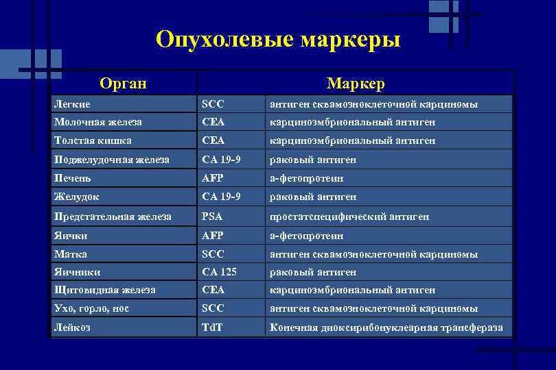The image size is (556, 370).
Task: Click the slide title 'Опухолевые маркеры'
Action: click(x=278, y=39)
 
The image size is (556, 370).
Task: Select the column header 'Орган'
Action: click(x=123, y=84)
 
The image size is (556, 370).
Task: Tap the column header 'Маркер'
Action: click(x=356, y=84)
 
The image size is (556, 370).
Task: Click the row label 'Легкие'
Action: click(x=72, y=104)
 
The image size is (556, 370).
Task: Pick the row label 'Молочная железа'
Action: click(x=97, y=123)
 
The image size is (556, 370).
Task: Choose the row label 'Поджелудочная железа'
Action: click(x=111, y=160)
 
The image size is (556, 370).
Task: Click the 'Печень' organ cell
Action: click(x=73, y=178)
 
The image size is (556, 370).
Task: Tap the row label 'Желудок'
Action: click(x=76, y=197)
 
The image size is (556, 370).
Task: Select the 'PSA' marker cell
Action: click(x=212, y=217)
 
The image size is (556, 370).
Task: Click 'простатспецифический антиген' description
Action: click(x=349, y=217)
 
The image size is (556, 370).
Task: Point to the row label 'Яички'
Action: click(x=71, y=236)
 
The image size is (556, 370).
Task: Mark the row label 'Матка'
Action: click(x=71, y=254)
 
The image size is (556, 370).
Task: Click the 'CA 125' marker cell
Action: click(x=219, y=272)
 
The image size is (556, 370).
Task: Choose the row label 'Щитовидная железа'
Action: click(x=104, y=291)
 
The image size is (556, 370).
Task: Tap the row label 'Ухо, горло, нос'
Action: click(x=91, y=309)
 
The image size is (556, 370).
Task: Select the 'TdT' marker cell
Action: click(x=212, y=328)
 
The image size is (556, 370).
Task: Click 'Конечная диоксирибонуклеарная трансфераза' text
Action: click(x=386, y=328)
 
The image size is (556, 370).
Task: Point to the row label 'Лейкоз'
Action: click(x=72, y=328)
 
